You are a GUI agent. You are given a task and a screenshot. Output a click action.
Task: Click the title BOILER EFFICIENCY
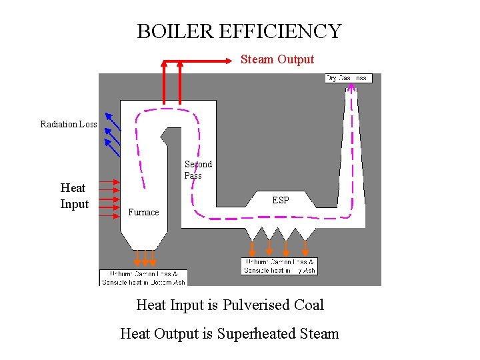click(239, 31)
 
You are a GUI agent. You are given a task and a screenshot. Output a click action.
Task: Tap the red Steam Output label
click(277, 59)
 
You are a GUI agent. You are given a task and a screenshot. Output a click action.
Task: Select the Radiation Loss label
click(68, 124)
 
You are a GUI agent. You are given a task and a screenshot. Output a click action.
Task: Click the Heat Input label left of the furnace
click(74, 196)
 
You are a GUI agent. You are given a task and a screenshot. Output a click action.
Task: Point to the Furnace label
click(143, 213)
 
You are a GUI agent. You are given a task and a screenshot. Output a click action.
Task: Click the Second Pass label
click(198, 170)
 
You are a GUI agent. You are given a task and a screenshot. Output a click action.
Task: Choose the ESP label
click(281, 200)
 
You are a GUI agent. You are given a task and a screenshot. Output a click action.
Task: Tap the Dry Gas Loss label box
click(348, 78)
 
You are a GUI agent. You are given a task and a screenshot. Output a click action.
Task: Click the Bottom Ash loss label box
click(143, 278)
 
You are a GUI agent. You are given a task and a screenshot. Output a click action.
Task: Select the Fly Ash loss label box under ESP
click(279, 266)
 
